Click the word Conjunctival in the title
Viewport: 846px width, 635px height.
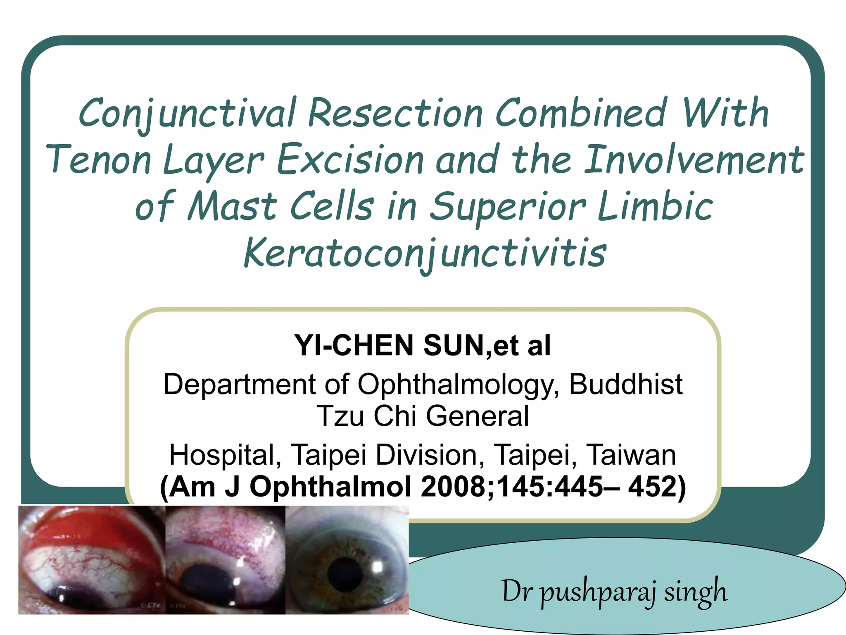(x=187, y=113)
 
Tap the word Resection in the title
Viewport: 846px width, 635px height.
(x=395, y=113)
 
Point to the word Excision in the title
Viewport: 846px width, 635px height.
(x=350, y=160)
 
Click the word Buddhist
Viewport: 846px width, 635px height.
(x=625, y=384)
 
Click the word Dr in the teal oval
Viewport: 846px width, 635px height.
(x=516, y=591)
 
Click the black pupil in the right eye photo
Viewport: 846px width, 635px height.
(x=345, y=574)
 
